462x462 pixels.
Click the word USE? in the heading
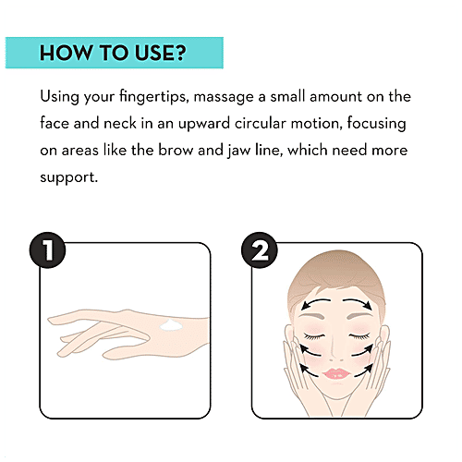click(161, 53)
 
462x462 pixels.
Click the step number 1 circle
click(47, 250)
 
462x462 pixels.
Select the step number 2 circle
click(260, 250)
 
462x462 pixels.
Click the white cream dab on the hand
click(171, 325)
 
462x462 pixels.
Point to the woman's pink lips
click(336, 373)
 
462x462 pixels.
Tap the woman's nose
click(336, 351)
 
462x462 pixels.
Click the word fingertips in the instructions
click(154, 97)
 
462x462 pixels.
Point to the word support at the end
click(68, 177)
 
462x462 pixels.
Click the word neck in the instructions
click(120, 124)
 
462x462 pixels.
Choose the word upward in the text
click(204, 124)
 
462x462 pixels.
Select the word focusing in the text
click(376, 124)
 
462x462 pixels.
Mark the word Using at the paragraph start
click(59, 97)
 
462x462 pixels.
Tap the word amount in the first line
click(335, 97)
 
